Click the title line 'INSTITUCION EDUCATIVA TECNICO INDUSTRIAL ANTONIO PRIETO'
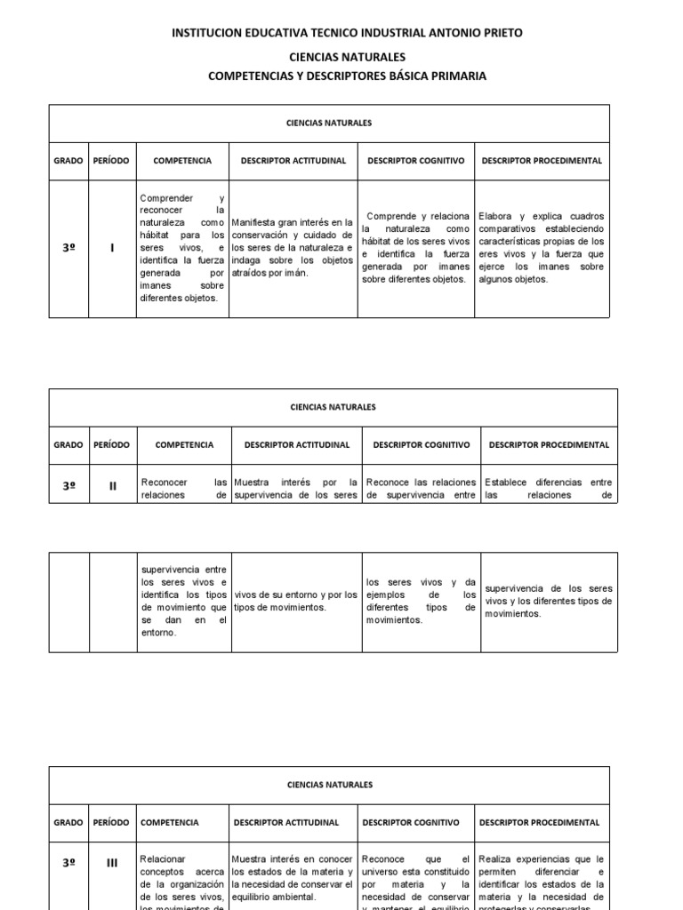pos(347,33)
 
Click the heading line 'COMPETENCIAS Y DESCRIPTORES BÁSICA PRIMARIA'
pos(347,76)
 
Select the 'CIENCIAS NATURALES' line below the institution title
pos(347,57)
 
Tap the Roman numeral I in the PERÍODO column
pos(112,248)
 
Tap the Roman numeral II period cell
pos(113,486)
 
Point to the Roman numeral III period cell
pos(112,862)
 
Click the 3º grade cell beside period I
pos(68,248)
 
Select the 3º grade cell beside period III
pos(68,862)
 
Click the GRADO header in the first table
pos(68,161)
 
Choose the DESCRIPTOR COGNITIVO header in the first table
pos(416,161)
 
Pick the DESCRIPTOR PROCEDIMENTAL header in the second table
pos(550,444)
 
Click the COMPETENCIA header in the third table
pos(170,823)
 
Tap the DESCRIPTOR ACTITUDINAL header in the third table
pos(286,823)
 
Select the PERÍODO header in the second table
pos(112,444)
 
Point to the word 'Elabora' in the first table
pos(494,216)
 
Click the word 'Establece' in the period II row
pos(504,483)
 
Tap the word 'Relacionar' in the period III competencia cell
pos(163,859)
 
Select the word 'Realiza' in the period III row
pos(494,859)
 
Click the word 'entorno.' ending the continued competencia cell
pos(160,632)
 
